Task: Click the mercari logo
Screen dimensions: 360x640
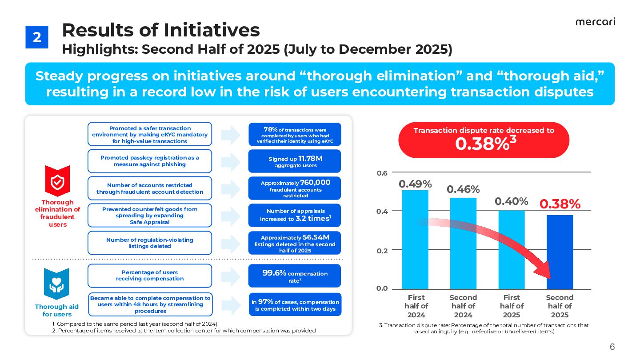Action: (x=595, y=22)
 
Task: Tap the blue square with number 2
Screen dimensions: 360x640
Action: (x=37, y=37)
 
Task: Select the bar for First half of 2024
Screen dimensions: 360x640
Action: (x=415, y=240)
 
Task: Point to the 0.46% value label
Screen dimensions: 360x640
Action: (x=463, y=189)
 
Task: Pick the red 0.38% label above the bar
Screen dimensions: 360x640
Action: (x=560, y=204)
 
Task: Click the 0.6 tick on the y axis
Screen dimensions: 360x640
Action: (x=383, y=172)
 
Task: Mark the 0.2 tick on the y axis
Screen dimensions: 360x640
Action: (x=383, y=250)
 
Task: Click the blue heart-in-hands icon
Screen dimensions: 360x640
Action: (x=57, y=284)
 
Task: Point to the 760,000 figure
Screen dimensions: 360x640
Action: (x=315, y=183)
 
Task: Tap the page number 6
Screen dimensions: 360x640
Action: (x=612, y=347)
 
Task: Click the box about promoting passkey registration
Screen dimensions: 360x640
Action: (x=150, y=161)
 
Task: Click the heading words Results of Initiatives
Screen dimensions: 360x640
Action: (x=160, y=30)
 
